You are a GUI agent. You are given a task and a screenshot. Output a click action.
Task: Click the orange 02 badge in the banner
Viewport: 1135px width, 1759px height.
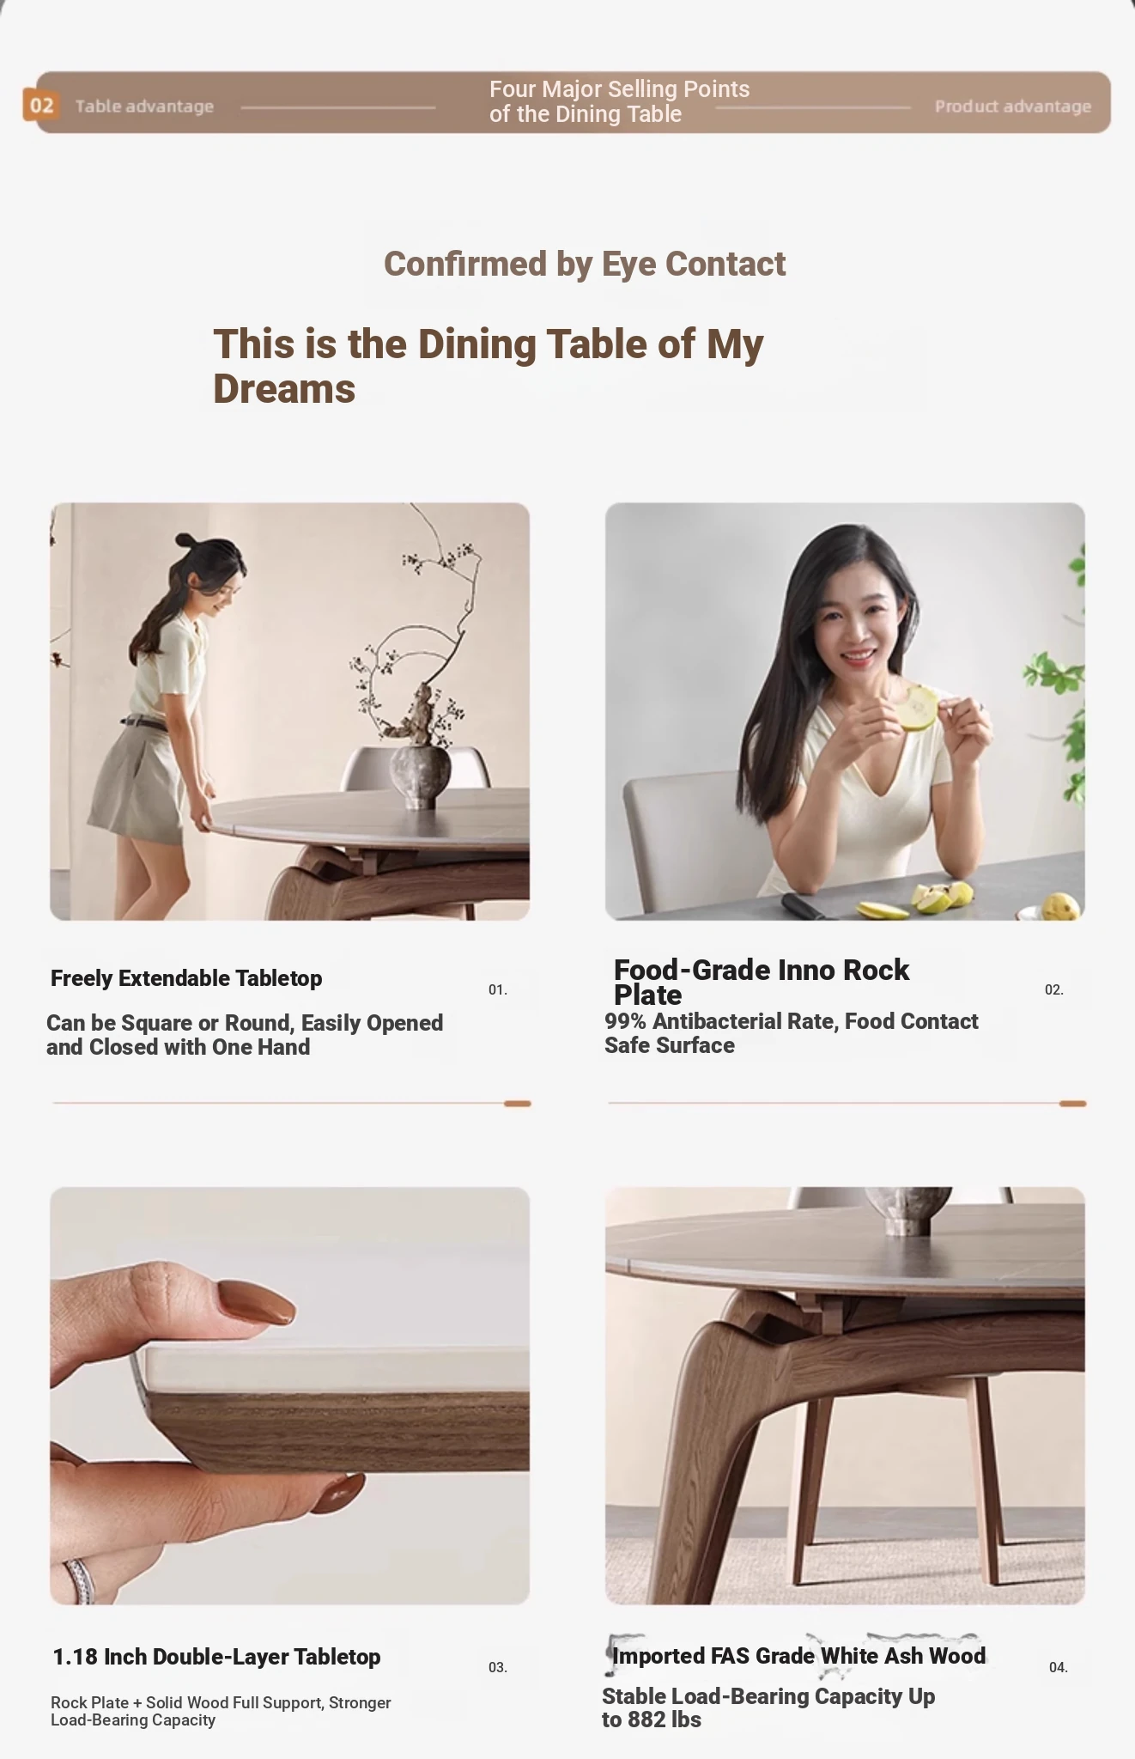[41, 106]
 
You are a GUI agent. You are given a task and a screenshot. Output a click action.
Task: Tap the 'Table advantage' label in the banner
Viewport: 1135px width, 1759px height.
[144, 107]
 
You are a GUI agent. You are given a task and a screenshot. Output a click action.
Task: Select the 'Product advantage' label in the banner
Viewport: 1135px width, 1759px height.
[1013, 107]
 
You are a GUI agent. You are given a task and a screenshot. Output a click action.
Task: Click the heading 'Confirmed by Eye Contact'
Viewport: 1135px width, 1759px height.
[585, 264]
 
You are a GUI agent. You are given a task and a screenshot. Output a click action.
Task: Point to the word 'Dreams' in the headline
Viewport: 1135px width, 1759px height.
[284, 389]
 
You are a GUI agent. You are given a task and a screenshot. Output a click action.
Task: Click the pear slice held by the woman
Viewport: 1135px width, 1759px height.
[918, 707]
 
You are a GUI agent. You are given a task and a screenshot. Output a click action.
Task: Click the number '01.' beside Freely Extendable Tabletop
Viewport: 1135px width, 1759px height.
[498, 989]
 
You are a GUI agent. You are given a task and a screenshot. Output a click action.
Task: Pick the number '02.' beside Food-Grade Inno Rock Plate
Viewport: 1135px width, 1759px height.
[1054, 989]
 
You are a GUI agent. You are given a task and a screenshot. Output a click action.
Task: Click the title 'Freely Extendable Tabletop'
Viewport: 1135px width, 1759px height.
[186, 978]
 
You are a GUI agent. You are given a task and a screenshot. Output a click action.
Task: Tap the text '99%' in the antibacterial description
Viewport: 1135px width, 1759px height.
[625, 1021]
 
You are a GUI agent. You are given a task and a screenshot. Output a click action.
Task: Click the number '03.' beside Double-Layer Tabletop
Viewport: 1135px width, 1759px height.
[498, 1667]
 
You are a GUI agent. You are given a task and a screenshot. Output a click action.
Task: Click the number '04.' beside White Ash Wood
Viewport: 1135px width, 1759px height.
[1059, 1667]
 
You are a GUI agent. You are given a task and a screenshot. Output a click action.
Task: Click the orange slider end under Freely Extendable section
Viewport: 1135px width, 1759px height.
[518, 1104]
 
